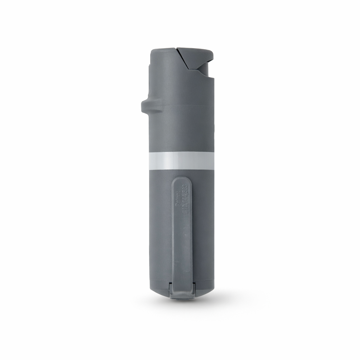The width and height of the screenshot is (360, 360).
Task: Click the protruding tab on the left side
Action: click(x=148, y=106)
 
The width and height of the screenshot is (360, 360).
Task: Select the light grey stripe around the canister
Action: click(x=181, y=161)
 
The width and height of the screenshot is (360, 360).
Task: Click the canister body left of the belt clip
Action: click(x=160, y=229)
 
